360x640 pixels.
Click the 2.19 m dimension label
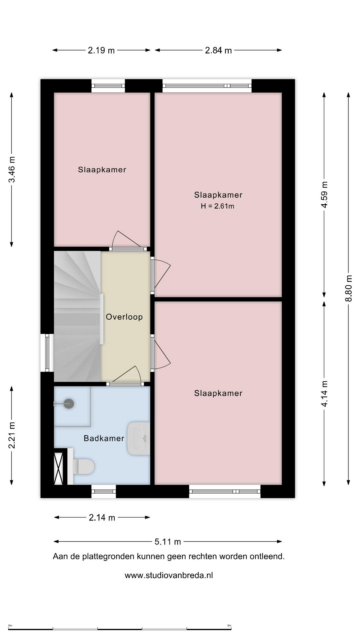click(x=101, y=50)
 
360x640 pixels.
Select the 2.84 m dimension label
click(x=218, y=50)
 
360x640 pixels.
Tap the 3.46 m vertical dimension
click(x=12, y=169)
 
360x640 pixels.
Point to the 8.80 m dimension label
click(x=348, y=288)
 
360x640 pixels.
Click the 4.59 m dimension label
click(x=324, y=195)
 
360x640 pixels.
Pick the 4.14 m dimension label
click(x=324, y=394)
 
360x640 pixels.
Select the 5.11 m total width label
click(x=168, y=542)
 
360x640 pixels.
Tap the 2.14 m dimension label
click(x=102, y=518)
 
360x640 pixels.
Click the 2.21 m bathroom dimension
click(x=12, y=435)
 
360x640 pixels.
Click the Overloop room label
click(x=124, y=317)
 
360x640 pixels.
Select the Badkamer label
click(x=104, y=438)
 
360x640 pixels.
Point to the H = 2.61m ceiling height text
click(x=217, y=206)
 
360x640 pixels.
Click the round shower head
click(x=69, y=404)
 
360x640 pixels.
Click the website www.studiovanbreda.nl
click(x=169, y=575)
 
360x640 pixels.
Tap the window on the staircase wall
click(x=47, y=353)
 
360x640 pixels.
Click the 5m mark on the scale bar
click(x=229, y=626)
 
